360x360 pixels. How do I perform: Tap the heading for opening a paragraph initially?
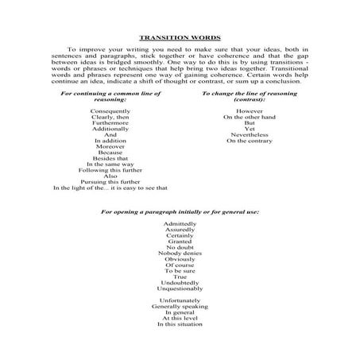(x=179, y=212)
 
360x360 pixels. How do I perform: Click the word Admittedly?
(x=180, y=225)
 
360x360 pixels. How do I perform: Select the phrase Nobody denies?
(x=180, y=254)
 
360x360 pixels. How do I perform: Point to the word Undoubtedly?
(x=180, y=282)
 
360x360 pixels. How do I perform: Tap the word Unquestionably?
(x=180, y=288)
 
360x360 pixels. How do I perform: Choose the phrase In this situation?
(x=180, y=323)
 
